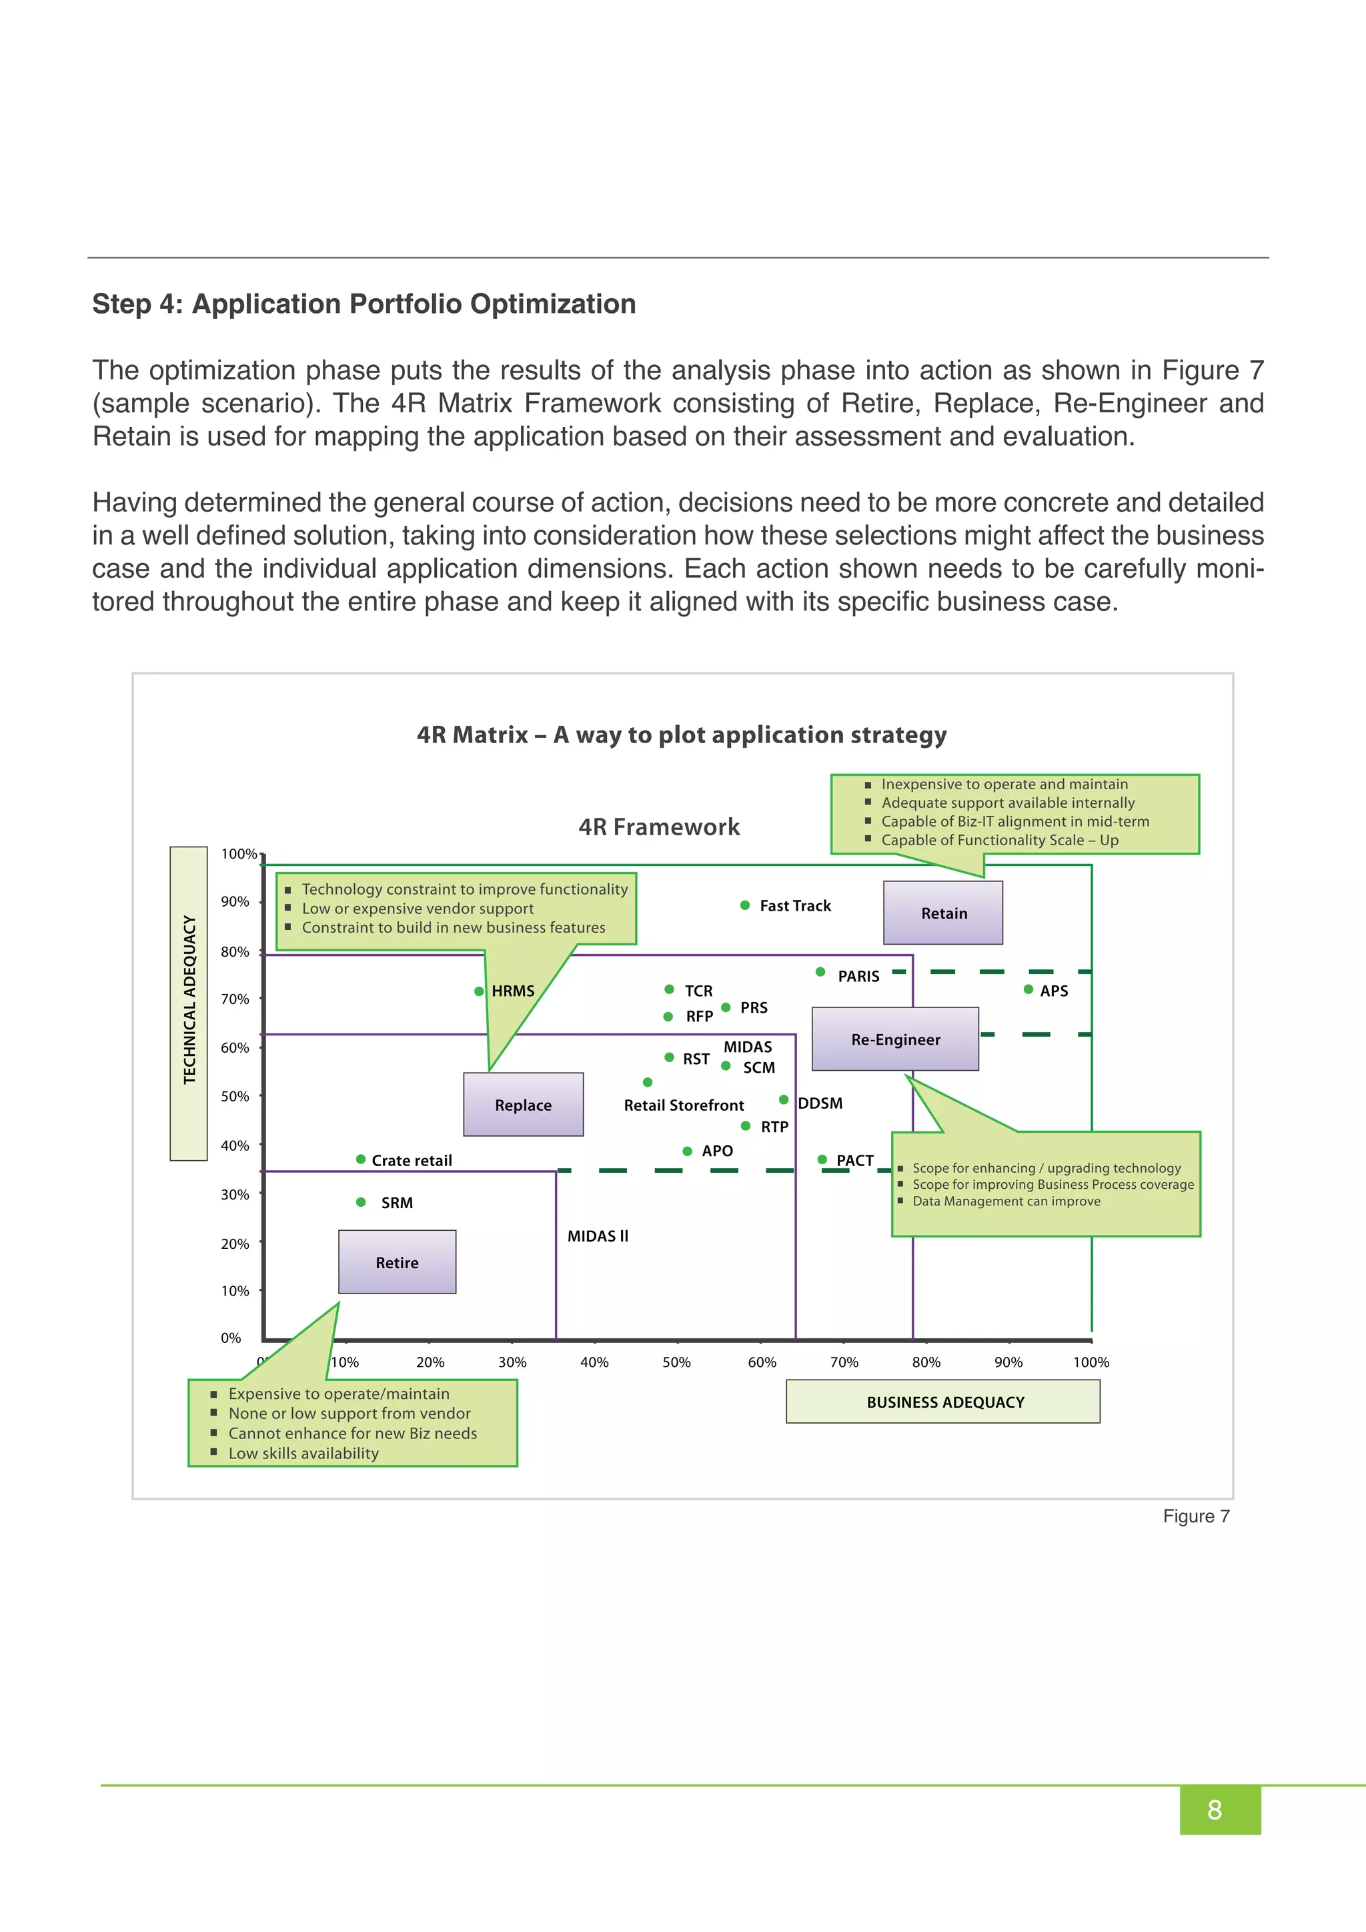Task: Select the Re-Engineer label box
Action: [895, 1039]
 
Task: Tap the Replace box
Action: [523, 1105]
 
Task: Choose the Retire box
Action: [397, 1262]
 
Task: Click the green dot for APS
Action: [1028, 989]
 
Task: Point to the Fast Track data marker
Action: [744, 905]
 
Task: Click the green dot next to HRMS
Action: [479, 991]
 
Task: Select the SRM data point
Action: [361, 1202]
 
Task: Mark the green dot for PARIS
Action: [820, 972]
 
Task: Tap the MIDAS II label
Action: [597, 1236]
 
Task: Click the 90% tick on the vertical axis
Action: [235, 901]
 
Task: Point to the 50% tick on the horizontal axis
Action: [676, 1362]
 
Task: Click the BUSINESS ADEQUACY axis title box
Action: [943, 1402]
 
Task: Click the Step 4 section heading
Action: [364, 304]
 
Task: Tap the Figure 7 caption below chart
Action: [1195, 1516]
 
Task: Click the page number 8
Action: [1215, 1810]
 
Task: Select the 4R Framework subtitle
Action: [658, 827]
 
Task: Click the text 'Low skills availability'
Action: [303, 1453]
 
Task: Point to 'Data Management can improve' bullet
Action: [1006, 1201]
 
